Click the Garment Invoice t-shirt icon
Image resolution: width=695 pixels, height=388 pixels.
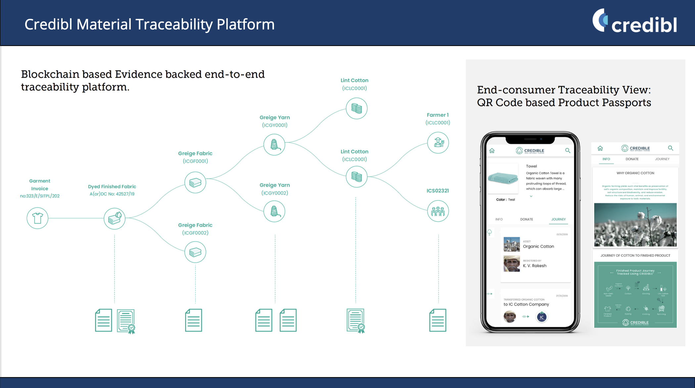37,218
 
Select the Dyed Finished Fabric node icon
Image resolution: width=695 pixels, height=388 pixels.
115,218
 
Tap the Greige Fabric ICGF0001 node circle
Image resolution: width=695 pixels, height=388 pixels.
195,182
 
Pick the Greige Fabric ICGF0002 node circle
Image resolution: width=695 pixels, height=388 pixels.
195,252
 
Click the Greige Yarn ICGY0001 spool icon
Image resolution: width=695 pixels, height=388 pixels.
274,145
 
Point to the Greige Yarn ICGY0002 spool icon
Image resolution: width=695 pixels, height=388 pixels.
274,211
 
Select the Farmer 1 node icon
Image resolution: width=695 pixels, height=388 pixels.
438,143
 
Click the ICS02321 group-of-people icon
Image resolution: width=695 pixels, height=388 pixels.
438,211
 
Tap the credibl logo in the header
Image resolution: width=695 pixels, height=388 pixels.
634,22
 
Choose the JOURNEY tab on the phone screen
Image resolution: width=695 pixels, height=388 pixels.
558,219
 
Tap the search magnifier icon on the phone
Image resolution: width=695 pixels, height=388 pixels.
568,151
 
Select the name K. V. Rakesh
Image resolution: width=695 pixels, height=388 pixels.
534,266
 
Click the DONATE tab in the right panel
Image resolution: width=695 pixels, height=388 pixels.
632,159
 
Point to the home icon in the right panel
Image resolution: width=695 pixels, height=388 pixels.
600,148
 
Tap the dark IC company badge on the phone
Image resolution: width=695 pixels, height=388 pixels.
542,317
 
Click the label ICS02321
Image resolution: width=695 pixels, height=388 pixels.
438,191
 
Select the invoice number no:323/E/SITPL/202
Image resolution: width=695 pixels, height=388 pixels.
40,196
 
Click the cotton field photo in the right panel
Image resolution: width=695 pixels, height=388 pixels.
635,225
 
